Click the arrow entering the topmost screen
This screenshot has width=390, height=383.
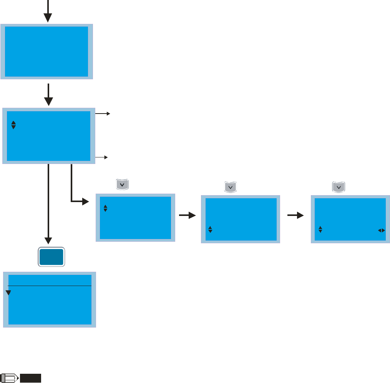pos(47,13)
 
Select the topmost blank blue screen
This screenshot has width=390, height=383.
pos(46,51)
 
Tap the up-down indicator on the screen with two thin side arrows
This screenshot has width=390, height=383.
pos(13,125)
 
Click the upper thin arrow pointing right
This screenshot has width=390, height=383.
pos(103,114)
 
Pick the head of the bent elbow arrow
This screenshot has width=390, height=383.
pos(85,201)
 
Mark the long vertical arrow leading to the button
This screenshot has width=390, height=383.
pos(48,204)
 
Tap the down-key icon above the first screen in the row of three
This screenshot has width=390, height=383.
pos(122,185)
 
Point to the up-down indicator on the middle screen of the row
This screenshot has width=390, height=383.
pos(210,229)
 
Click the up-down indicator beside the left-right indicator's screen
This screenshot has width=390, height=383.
pos(320,229)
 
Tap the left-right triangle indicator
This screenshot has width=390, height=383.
pos(381,230)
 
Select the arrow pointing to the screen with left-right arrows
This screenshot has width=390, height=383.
pos(295,216)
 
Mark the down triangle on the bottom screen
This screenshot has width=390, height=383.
pos(8,293)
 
